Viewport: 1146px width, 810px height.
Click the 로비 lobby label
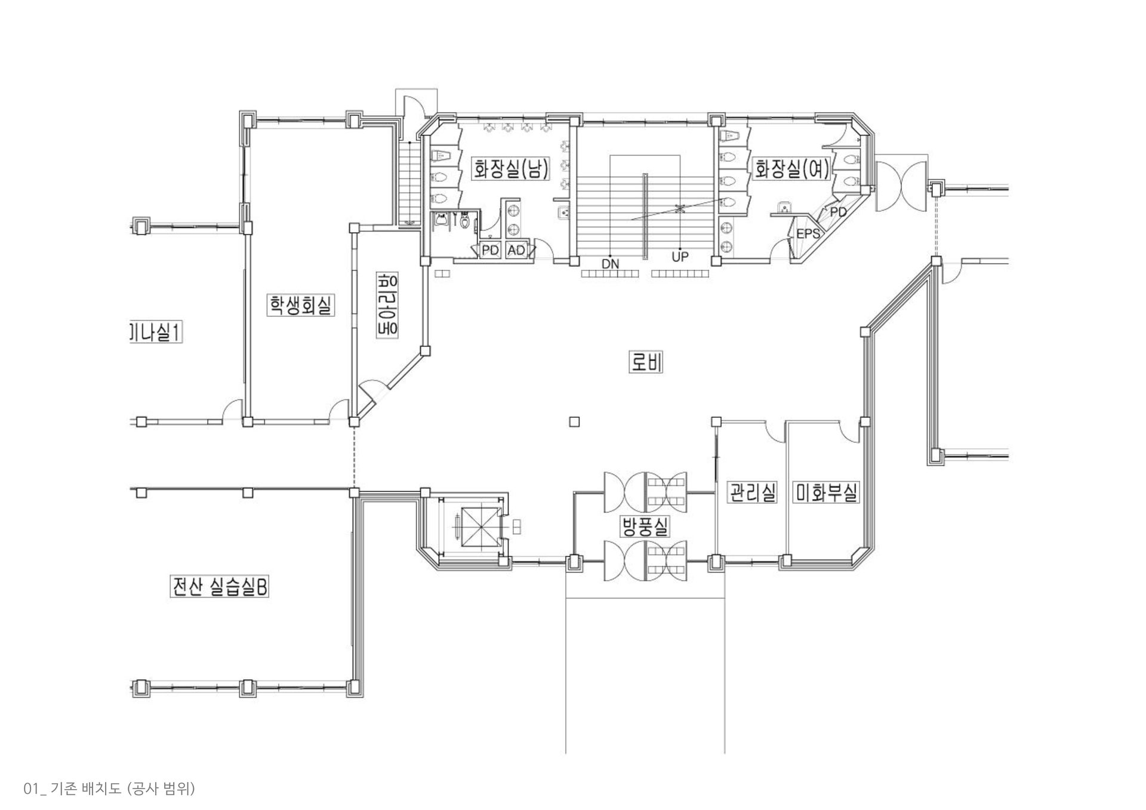click(646, 362)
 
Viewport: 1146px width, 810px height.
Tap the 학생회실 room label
click(300, 305)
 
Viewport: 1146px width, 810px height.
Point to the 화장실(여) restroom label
click(792, 169)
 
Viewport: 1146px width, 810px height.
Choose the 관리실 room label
click(752, 492)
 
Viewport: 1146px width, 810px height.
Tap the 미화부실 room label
click(826, 492)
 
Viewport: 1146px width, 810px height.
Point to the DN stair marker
click(610, 263)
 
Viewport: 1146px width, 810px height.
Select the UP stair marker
click(680, 257)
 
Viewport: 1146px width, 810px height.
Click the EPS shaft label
click(808, 234)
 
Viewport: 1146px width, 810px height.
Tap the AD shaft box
click(516, 251)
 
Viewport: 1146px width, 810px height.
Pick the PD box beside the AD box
click(490, 251)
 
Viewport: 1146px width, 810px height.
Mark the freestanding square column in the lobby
click(574, 422)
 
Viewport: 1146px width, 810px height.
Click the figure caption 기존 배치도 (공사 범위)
click(110, 789)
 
